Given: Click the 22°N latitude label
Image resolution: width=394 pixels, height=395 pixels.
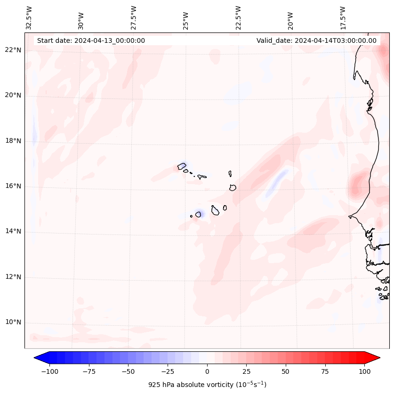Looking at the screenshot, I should coord(13,50).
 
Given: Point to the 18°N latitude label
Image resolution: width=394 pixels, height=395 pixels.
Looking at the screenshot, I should coord(13,141).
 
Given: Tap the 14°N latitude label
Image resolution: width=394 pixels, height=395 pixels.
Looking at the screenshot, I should coord(13,232).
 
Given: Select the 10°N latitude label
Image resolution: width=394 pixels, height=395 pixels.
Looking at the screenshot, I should coord(13,322).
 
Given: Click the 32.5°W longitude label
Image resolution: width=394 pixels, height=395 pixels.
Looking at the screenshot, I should coord(29,17).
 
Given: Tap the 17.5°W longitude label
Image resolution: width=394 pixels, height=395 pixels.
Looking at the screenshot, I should coord(343,17).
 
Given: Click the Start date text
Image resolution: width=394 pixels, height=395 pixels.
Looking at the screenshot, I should coord(91,40).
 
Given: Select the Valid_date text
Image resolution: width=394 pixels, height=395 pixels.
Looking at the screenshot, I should coord(316,40).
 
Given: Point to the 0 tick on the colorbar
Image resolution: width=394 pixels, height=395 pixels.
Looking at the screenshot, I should coord(207,371).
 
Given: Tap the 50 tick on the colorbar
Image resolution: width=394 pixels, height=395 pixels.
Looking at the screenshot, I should coord(286,371).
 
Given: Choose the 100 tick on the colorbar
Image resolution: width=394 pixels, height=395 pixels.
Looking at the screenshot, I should coord(364,371).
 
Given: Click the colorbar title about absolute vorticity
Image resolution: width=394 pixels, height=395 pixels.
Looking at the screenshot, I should coord(207,385).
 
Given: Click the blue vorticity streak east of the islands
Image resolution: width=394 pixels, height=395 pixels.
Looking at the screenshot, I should coord(277,183).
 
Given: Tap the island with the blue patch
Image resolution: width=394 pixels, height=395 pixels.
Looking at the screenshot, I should coord(198,214).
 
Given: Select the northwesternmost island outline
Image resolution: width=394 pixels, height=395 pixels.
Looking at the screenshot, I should coord(182,166).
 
